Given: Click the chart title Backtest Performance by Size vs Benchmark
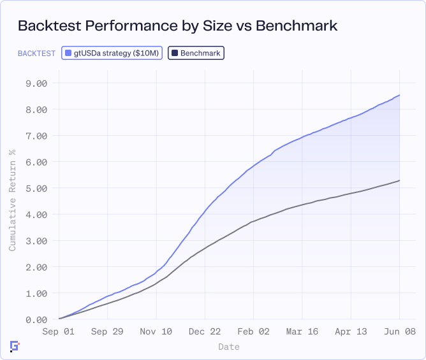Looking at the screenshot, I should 177,26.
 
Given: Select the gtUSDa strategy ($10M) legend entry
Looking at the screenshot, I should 112,53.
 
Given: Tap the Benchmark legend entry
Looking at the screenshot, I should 196,53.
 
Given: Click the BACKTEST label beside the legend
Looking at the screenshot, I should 36,53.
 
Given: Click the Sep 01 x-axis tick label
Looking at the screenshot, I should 59,331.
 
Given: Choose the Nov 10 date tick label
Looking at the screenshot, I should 156,331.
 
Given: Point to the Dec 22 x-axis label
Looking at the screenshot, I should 205,331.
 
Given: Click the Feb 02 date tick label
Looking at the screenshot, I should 254,331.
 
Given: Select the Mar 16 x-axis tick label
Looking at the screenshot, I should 302,331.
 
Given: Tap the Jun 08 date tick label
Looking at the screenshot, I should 400,331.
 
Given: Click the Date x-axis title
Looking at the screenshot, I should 229,347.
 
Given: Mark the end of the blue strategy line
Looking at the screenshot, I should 400,95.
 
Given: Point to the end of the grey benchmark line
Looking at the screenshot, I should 400,180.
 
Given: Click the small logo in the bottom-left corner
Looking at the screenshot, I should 15,346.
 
